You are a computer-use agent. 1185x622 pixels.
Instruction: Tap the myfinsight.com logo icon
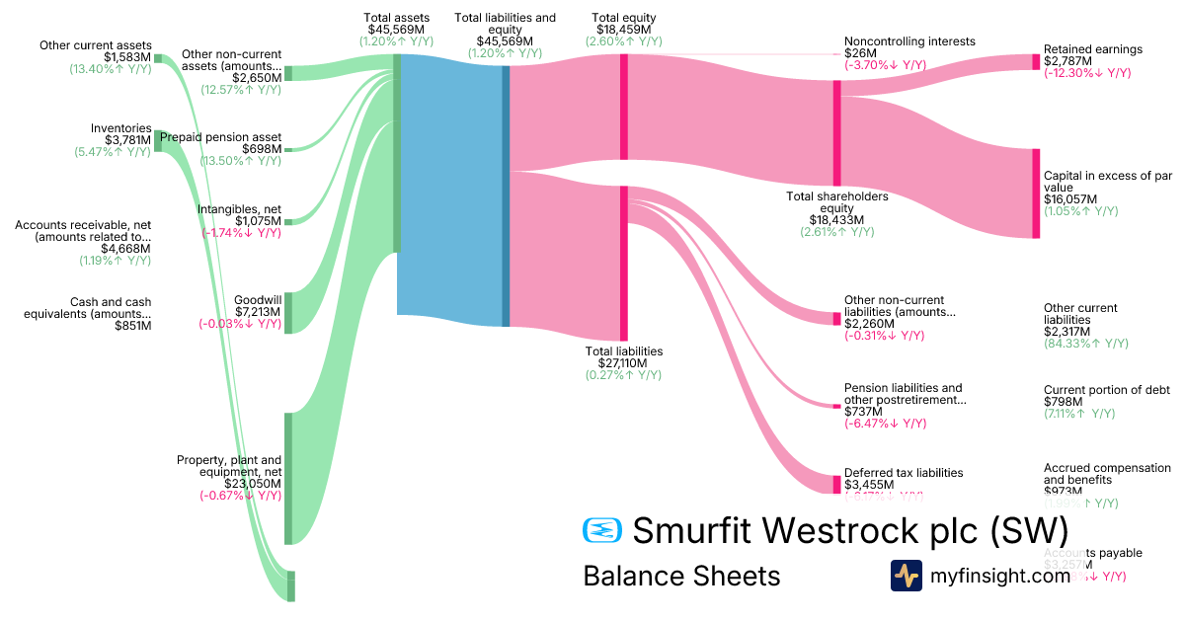[x=906, y=576]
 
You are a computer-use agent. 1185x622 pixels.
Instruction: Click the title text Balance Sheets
[x=681, y=576]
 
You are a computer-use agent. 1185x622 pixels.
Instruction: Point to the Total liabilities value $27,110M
[x=623, y=362]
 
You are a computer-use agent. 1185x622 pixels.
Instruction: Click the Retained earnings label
[x=1093, y=49]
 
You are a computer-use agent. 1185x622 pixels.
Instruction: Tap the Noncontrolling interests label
[x=909, y=41]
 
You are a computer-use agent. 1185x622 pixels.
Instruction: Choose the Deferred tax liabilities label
[x=903, y=473]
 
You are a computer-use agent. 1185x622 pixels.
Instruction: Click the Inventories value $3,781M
[x=127, y=140]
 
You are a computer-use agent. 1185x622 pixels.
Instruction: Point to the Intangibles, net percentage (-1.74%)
[x=242, y=233]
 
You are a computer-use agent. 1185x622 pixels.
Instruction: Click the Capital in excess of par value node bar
[x=1036, y=194]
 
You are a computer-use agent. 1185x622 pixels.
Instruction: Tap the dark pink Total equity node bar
[x=623, y=107]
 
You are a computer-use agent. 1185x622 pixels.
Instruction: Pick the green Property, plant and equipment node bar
[x=288, y=478]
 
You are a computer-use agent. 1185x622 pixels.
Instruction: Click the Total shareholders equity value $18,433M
[x=836, y=220]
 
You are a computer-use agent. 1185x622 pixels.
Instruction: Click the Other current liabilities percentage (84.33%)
[x=1085, y=344]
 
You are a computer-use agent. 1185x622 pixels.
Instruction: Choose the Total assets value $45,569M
[x=397, y=30]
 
